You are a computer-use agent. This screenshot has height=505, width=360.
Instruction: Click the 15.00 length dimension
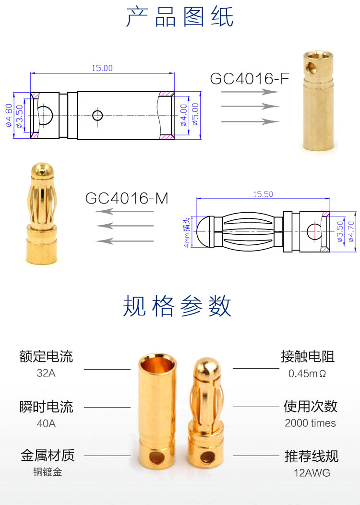click(x=102, y=68)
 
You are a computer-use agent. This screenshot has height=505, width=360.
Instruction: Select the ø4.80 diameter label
click(x=8, y=115)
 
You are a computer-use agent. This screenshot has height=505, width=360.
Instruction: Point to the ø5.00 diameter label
click(x=196, y=115)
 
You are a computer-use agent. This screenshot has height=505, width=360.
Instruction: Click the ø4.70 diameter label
click(x=349, y=231)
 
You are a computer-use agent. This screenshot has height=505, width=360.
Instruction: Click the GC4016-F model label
click(x=250, y=79)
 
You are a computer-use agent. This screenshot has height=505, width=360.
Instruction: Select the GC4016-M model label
click(x=127, y=198)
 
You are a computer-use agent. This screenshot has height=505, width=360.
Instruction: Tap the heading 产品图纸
click(x=180, y=18)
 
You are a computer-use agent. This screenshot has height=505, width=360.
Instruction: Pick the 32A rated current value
click(x=46, y=373)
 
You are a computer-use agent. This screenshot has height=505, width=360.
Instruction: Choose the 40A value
click(x=46, y=423)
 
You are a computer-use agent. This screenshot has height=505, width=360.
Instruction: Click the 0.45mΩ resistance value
click(x=307, y=373)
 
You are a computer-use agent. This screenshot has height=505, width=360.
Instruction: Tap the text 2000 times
click(x=310, y=423)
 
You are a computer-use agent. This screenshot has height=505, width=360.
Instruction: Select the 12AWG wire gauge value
click(x=312, y=473)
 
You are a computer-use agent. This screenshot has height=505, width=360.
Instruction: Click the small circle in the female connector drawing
click(x=97, y=115)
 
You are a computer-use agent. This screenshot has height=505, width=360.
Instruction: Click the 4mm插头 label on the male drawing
click(x=187, y=231)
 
